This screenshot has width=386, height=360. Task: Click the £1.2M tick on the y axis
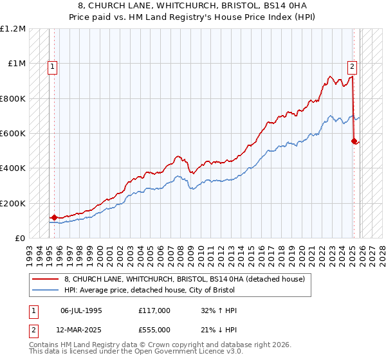(x=13, y=29)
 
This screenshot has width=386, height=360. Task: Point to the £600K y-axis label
(x=13, y=134)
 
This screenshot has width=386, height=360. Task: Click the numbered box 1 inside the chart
(x=51, y=65)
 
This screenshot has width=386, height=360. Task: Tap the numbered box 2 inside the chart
(x=353, y=65)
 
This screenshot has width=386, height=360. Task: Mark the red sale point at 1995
(x=54, y=217)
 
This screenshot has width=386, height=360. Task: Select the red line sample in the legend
(x=46, y=279)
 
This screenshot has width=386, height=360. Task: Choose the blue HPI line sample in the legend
(x=46, y=290)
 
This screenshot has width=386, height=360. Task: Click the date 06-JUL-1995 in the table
(x=81, y=310)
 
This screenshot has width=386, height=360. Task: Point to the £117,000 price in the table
(x=154, y=310)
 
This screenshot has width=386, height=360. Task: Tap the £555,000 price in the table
(x=154, y=330)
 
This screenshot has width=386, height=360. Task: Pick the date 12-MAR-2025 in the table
(x=81, y=330)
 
